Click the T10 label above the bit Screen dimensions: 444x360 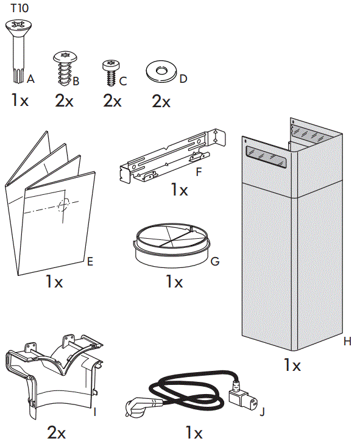tap(19, 9)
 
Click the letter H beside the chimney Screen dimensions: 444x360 tap(347, 342)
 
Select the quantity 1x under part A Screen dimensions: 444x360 tap(19, 100)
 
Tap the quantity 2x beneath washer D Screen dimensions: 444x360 tap(161, 101)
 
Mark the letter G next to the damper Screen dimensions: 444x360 tap(214, 262)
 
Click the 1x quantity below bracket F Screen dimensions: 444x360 tap(179, 190)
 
